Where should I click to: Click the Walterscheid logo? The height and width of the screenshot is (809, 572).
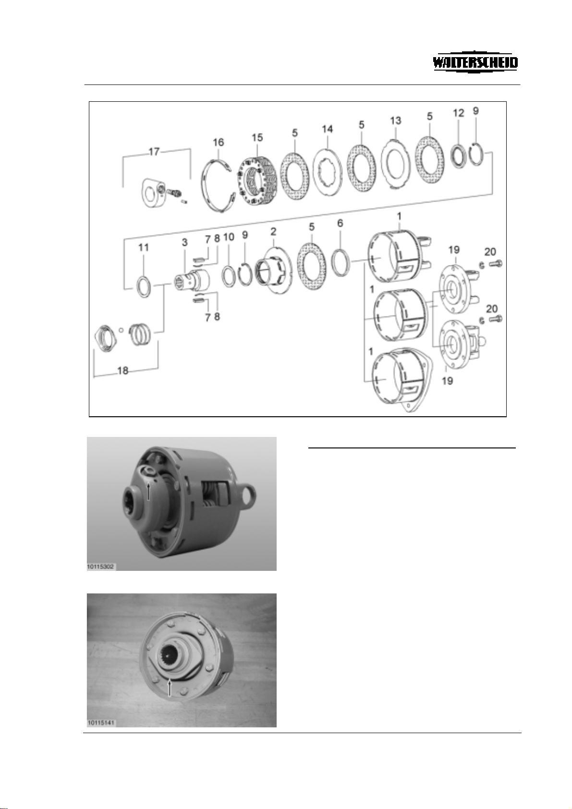(475, 63)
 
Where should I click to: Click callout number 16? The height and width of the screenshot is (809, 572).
(218, 142)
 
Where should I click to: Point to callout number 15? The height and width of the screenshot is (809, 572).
(257, 138)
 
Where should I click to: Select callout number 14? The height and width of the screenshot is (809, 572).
(328, 129)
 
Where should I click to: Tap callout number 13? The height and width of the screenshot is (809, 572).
(395, 121)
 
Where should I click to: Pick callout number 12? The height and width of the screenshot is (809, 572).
(459, 113)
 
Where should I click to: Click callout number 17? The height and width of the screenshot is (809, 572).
(154, 152)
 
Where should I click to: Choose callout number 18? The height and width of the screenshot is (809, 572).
(123, 371)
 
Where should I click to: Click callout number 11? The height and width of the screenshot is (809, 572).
(144, 247)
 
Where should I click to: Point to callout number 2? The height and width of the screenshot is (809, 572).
(274, 231)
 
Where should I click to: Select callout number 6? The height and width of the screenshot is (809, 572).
(340, 224)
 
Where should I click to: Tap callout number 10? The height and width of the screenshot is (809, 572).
(229, 237)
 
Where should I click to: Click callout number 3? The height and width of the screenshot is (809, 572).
(184, 242)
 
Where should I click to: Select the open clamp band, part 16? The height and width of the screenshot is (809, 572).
(218, 185)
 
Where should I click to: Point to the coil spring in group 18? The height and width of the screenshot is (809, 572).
(140, 334)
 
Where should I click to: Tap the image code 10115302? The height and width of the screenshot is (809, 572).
(100, 567)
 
